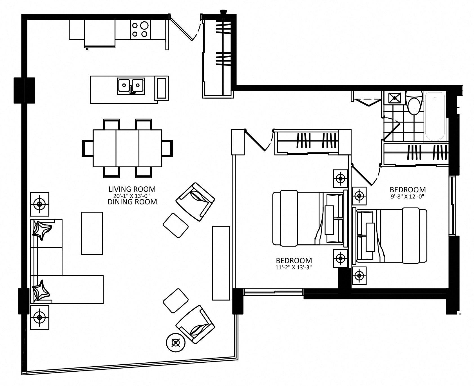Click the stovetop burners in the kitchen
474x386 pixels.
click(140, 30)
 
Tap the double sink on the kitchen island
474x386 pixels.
click(131, 86)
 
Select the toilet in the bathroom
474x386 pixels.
click(414, 103)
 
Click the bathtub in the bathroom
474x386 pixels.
click(435, 116)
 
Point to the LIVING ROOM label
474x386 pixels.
click(132, 189)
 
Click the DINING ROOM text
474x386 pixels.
click(132, 202)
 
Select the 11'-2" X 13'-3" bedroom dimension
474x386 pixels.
click(294, 267)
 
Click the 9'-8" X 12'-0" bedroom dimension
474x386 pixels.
click(408, 197)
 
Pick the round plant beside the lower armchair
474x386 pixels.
click(176, 342)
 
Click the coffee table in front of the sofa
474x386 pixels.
click(92, 233)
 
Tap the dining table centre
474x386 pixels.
click(128, 148)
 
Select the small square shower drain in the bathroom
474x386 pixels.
click(395, 98)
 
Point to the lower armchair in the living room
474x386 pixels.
click(195, 324)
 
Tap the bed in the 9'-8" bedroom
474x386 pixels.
click(392, 236)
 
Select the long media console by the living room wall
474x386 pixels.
click(221, 263)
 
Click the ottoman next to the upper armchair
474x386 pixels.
click(176, 226)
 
